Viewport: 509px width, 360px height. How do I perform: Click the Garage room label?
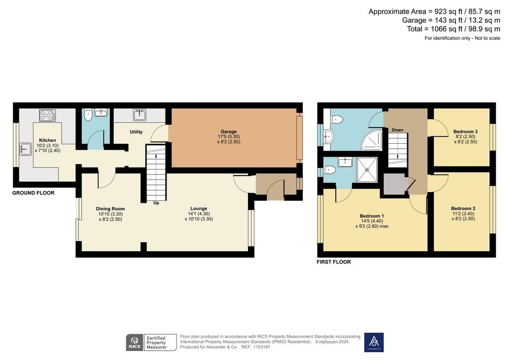pos(229,131)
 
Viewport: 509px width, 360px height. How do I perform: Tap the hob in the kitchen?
pos(47,115)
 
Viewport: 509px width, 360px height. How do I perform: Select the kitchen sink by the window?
pos(25,149)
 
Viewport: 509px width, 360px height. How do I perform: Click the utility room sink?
pos(140,114)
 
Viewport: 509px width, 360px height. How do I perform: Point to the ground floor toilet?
pos(87,115)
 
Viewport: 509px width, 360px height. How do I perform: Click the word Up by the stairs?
pos(156,203)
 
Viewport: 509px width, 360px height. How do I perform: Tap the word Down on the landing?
pos(397,130)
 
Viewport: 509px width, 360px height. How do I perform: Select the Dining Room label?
pos(110,209)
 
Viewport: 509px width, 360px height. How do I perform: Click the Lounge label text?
pos(199,208)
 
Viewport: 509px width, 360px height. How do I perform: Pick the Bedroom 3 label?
pos(465,131)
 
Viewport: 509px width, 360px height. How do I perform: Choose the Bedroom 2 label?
pos(463,208)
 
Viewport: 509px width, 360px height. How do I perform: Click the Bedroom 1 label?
pos(372,216)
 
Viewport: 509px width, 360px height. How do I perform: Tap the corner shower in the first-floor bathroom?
pos(372,140)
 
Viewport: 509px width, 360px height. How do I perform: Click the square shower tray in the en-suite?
pos(367,170)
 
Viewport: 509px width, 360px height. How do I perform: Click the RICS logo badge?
pos(134,343)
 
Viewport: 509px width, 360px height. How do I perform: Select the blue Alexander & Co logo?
pos(374,342)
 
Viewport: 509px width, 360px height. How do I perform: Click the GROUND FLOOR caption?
pos(33,193)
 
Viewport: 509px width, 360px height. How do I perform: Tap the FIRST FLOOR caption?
pos(334,262)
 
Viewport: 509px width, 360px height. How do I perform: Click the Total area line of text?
pos(453,29)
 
